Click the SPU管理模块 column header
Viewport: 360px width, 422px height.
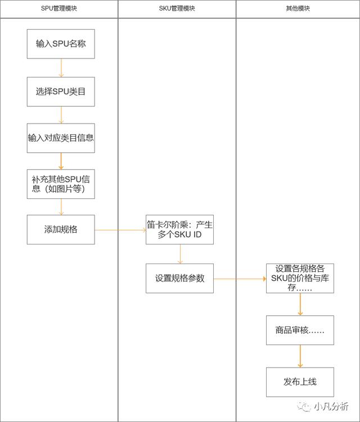(x=58, y=8)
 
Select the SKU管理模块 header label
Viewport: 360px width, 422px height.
(x=177, y=8)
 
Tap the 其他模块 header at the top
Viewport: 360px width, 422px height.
(x=298, y=8)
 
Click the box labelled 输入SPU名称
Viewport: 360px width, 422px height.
(x=61, y=43)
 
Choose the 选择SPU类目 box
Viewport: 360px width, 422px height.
(x=61, y=90)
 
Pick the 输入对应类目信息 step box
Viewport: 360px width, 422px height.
(x=61, y=138)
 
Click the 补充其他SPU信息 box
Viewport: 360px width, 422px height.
(x=61, y=184)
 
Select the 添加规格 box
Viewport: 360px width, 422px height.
(x=61, y=229)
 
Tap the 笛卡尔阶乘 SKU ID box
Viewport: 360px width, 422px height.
(x=179, y=229)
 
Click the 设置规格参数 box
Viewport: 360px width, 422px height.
(x=179, y=278)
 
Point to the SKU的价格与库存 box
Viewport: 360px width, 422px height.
(x=300, y=278)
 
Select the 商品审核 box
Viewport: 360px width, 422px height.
(x=300, y=330)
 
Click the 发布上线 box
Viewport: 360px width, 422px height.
(x=300, y=382)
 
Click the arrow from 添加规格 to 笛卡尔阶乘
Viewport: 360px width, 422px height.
(x=120, y=230)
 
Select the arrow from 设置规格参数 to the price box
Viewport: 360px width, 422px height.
(x=240, y=278)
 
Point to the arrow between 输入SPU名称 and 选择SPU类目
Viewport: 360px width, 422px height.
(x=61, y=67)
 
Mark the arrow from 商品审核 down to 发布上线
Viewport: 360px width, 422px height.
(x=300, y=356)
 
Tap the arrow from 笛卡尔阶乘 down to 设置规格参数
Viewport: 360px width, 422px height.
(x=179, y=253)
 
